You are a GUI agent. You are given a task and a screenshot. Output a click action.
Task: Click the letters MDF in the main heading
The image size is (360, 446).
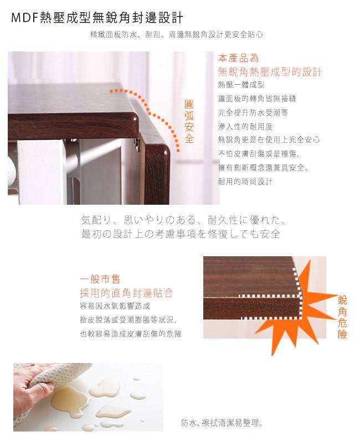(x=24, y=18)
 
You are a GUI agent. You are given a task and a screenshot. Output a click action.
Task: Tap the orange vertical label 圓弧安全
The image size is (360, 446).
(x=189, y=121)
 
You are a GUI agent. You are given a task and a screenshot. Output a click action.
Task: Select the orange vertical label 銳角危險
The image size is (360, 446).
(x=342, y=317)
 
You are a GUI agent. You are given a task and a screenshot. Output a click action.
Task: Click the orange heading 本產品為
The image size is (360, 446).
(x=239, y=58)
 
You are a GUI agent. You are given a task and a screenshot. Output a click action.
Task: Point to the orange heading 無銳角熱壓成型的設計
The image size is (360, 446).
(x=270, y=72)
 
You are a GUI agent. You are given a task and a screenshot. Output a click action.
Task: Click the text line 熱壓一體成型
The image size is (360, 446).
(x=241, y=85)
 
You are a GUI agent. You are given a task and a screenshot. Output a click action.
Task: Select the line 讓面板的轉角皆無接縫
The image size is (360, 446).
(x=257, y=98)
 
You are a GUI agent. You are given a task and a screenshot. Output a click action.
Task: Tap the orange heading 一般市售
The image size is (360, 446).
(x=100, y=279)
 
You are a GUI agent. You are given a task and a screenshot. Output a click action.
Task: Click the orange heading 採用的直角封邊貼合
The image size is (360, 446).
(x=127, y=293)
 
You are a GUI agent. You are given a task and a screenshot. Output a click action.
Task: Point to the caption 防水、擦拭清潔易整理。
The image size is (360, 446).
(x=222, y=423)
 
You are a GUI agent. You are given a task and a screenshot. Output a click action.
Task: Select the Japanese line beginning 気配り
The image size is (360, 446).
(x=183, y=220)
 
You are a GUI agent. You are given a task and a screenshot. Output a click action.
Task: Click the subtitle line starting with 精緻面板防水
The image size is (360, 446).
(x=176, y=35)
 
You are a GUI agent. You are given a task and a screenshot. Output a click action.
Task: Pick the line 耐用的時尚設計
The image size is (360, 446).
(x=245, y=181)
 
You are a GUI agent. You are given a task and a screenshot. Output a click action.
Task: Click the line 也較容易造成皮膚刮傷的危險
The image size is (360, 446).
(x=131, y=334)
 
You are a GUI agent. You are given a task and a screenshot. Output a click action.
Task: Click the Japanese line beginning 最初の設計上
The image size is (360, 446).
(x=181, y=234)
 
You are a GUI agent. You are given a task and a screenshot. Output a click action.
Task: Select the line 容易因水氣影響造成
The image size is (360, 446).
(x=115, y=306)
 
